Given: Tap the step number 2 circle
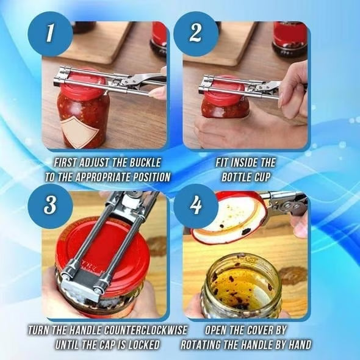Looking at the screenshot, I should click(x=196, y=34).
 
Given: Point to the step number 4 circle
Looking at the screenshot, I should click(x=196, y=205).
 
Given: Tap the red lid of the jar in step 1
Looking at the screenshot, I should click(x=83, y=85).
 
